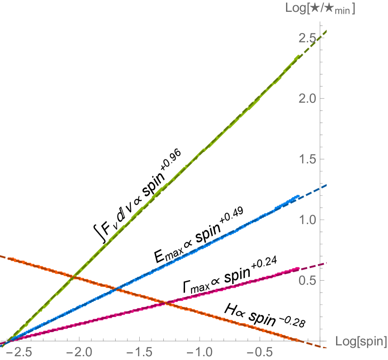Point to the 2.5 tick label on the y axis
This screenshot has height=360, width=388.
[308, 38]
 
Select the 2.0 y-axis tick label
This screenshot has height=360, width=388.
[308, 99]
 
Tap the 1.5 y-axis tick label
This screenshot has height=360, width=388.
[308, 159]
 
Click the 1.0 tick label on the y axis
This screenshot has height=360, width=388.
[308, 220]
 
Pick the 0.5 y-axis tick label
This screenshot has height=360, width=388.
[308, 280]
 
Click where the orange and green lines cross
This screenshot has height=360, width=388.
[73, 276]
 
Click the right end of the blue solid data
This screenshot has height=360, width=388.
[299, 195]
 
